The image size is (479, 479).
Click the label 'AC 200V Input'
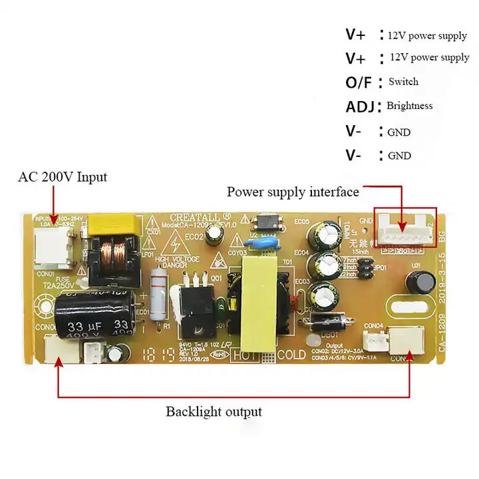62,178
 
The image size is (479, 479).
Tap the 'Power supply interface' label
293,192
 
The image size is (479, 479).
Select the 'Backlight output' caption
214,411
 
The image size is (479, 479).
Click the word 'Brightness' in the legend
409,106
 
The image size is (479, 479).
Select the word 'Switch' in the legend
403,82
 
